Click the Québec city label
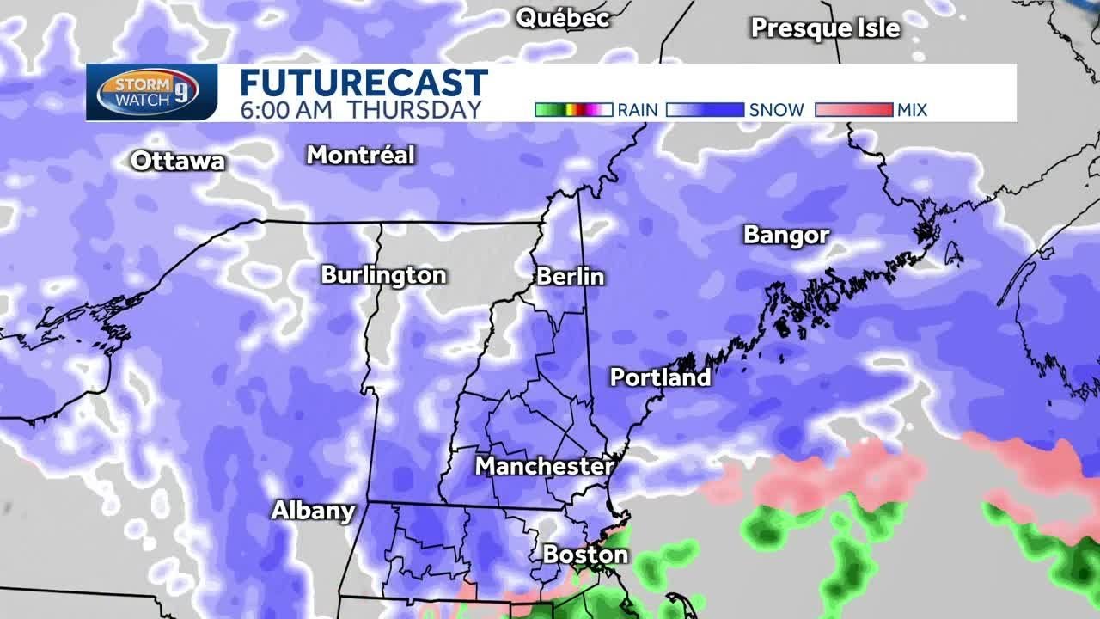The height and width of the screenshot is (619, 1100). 562,18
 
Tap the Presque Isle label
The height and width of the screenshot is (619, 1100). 825,28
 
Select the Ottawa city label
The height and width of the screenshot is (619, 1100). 178,161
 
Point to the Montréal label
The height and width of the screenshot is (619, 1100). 361,156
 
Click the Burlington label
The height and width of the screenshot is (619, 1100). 383,275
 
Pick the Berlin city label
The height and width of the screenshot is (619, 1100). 570,277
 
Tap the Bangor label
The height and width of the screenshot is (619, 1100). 786,236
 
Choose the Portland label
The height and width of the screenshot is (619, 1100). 660,377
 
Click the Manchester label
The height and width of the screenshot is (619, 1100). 544,466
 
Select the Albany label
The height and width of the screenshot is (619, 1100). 313,511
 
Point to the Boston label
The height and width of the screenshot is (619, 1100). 585,555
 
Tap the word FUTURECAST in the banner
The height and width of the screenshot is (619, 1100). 363,83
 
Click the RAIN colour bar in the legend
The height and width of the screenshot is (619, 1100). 573,110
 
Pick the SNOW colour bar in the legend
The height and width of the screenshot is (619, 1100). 705,110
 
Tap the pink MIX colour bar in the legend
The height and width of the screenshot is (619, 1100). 853,110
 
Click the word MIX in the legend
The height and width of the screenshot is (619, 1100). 912,110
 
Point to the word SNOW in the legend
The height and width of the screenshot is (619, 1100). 776,110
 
